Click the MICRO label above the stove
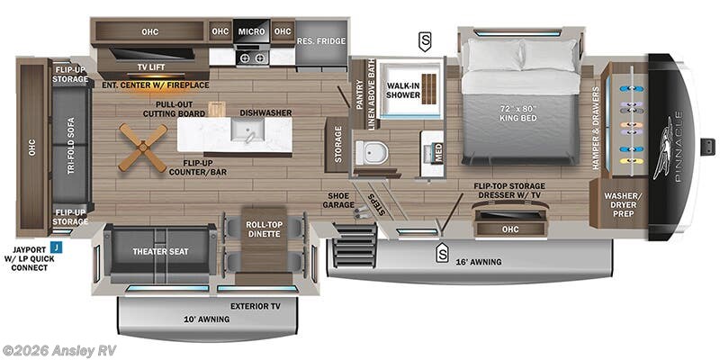(x=251, y=31)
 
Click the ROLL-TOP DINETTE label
(x=265, y=229)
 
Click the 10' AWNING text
(x=206, y=318)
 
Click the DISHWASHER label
(x=265, y=113)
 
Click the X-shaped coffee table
(x=143, y=147)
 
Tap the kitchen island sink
(x=246, y=135)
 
